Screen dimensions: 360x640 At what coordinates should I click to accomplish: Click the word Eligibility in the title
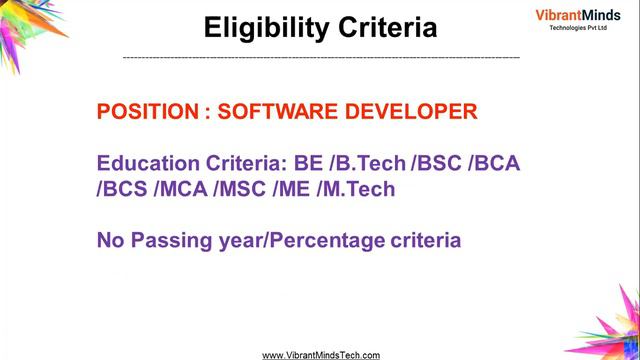click(263, 27)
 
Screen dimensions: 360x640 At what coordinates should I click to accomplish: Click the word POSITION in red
click(147, 112)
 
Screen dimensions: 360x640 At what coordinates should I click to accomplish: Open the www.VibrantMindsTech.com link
click(320, 354)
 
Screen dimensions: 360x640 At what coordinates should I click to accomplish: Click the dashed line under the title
click(320, 58)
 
